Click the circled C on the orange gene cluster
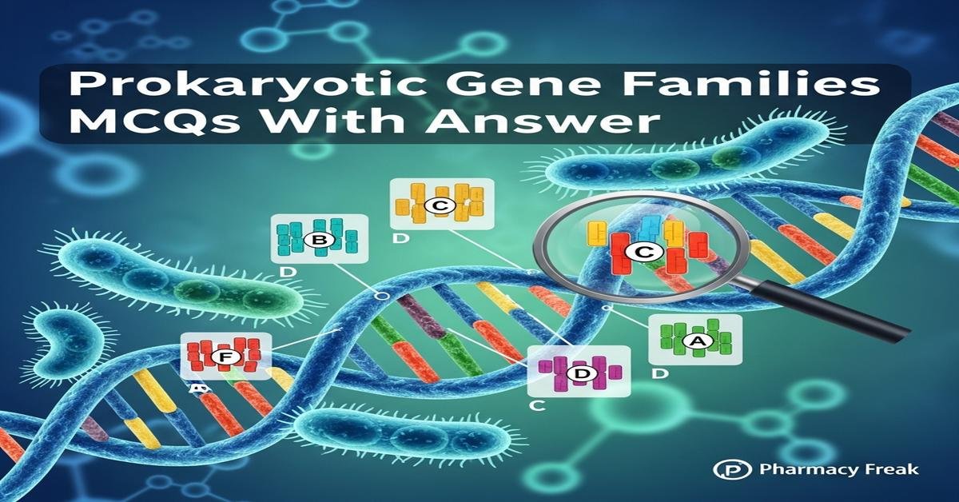tap(440, 205)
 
